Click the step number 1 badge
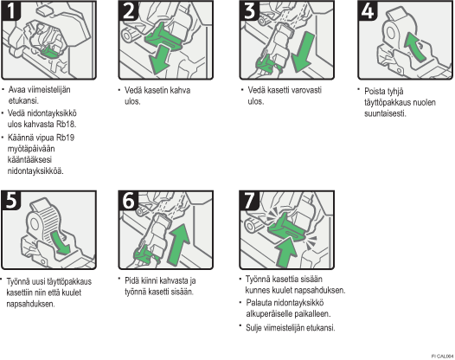10,10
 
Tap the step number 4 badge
368,10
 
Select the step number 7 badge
249,200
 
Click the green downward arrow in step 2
159,61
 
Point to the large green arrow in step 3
303,52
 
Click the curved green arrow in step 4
415,47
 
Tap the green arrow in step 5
60,242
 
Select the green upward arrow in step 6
179,244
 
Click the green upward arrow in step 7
286,252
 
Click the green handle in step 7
286,227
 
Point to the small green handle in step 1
50,52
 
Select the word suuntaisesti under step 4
385,113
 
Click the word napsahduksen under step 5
30,304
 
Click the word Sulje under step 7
254,328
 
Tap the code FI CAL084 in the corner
443,356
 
